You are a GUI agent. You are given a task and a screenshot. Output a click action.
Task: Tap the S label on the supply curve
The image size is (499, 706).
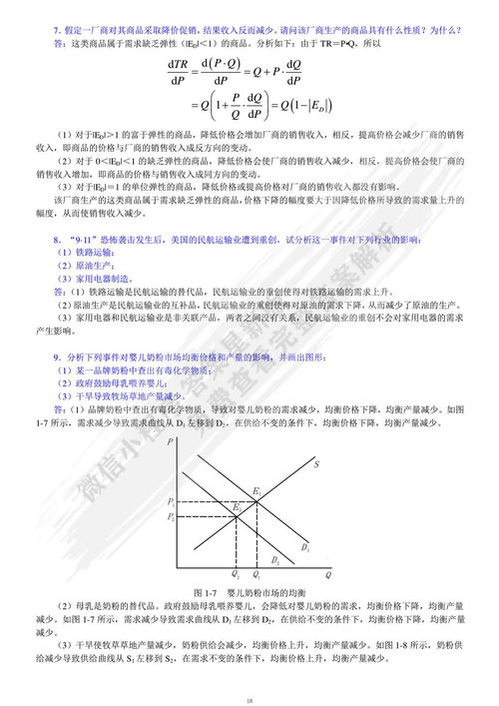point(316,464)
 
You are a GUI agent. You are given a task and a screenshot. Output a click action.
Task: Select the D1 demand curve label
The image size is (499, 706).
point(305,549)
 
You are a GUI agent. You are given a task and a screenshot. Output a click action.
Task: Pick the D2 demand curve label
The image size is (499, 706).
point(276,559)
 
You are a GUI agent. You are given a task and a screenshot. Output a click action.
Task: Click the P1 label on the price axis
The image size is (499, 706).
point(171,500)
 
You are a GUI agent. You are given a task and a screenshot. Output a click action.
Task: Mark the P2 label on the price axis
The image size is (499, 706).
point(171,516)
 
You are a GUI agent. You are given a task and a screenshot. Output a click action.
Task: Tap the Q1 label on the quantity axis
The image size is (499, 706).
point(256,575)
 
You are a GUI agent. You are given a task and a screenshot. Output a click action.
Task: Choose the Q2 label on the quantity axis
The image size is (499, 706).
point(237,575)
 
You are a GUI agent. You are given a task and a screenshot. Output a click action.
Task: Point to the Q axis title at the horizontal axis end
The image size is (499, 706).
point(328,575)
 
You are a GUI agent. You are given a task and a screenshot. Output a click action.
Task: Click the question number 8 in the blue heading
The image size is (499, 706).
point(57,242)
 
